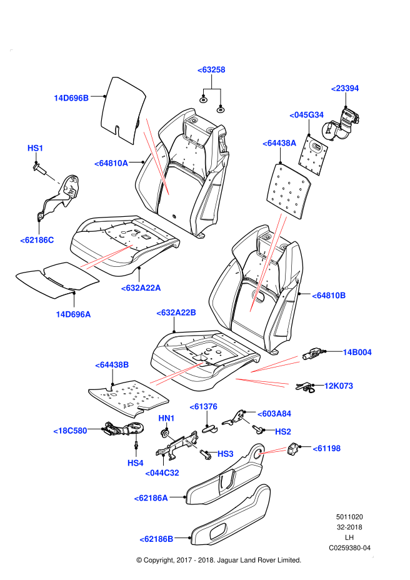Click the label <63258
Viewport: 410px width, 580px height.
pos(211,70)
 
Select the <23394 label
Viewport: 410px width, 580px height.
pos(345,88)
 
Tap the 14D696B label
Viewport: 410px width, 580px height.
pos(71,98)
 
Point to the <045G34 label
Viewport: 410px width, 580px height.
pos(307,115)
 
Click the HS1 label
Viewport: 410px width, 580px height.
pos(36,148)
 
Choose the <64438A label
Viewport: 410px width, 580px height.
pos(279,143)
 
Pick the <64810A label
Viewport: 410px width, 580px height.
pos(111,163)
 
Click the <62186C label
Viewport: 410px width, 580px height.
pos(37,240)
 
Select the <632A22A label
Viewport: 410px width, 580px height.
pos(141,288)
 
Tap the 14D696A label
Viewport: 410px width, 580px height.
pos(73,314)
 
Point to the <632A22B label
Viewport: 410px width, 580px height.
pos(176,312)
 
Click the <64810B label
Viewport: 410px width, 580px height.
pos(329,296)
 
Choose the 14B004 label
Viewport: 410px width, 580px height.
pos(357,352)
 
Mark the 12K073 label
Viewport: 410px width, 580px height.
pos(339,386)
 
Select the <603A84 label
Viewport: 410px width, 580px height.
pos(274,414)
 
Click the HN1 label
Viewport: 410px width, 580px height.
pos(167,418)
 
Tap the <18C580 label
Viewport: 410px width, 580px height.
pos(71,431)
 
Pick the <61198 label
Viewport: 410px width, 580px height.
pos(327,448)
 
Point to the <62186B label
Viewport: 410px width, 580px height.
pos(156,539)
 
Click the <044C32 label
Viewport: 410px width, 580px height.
pos(162,473)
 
